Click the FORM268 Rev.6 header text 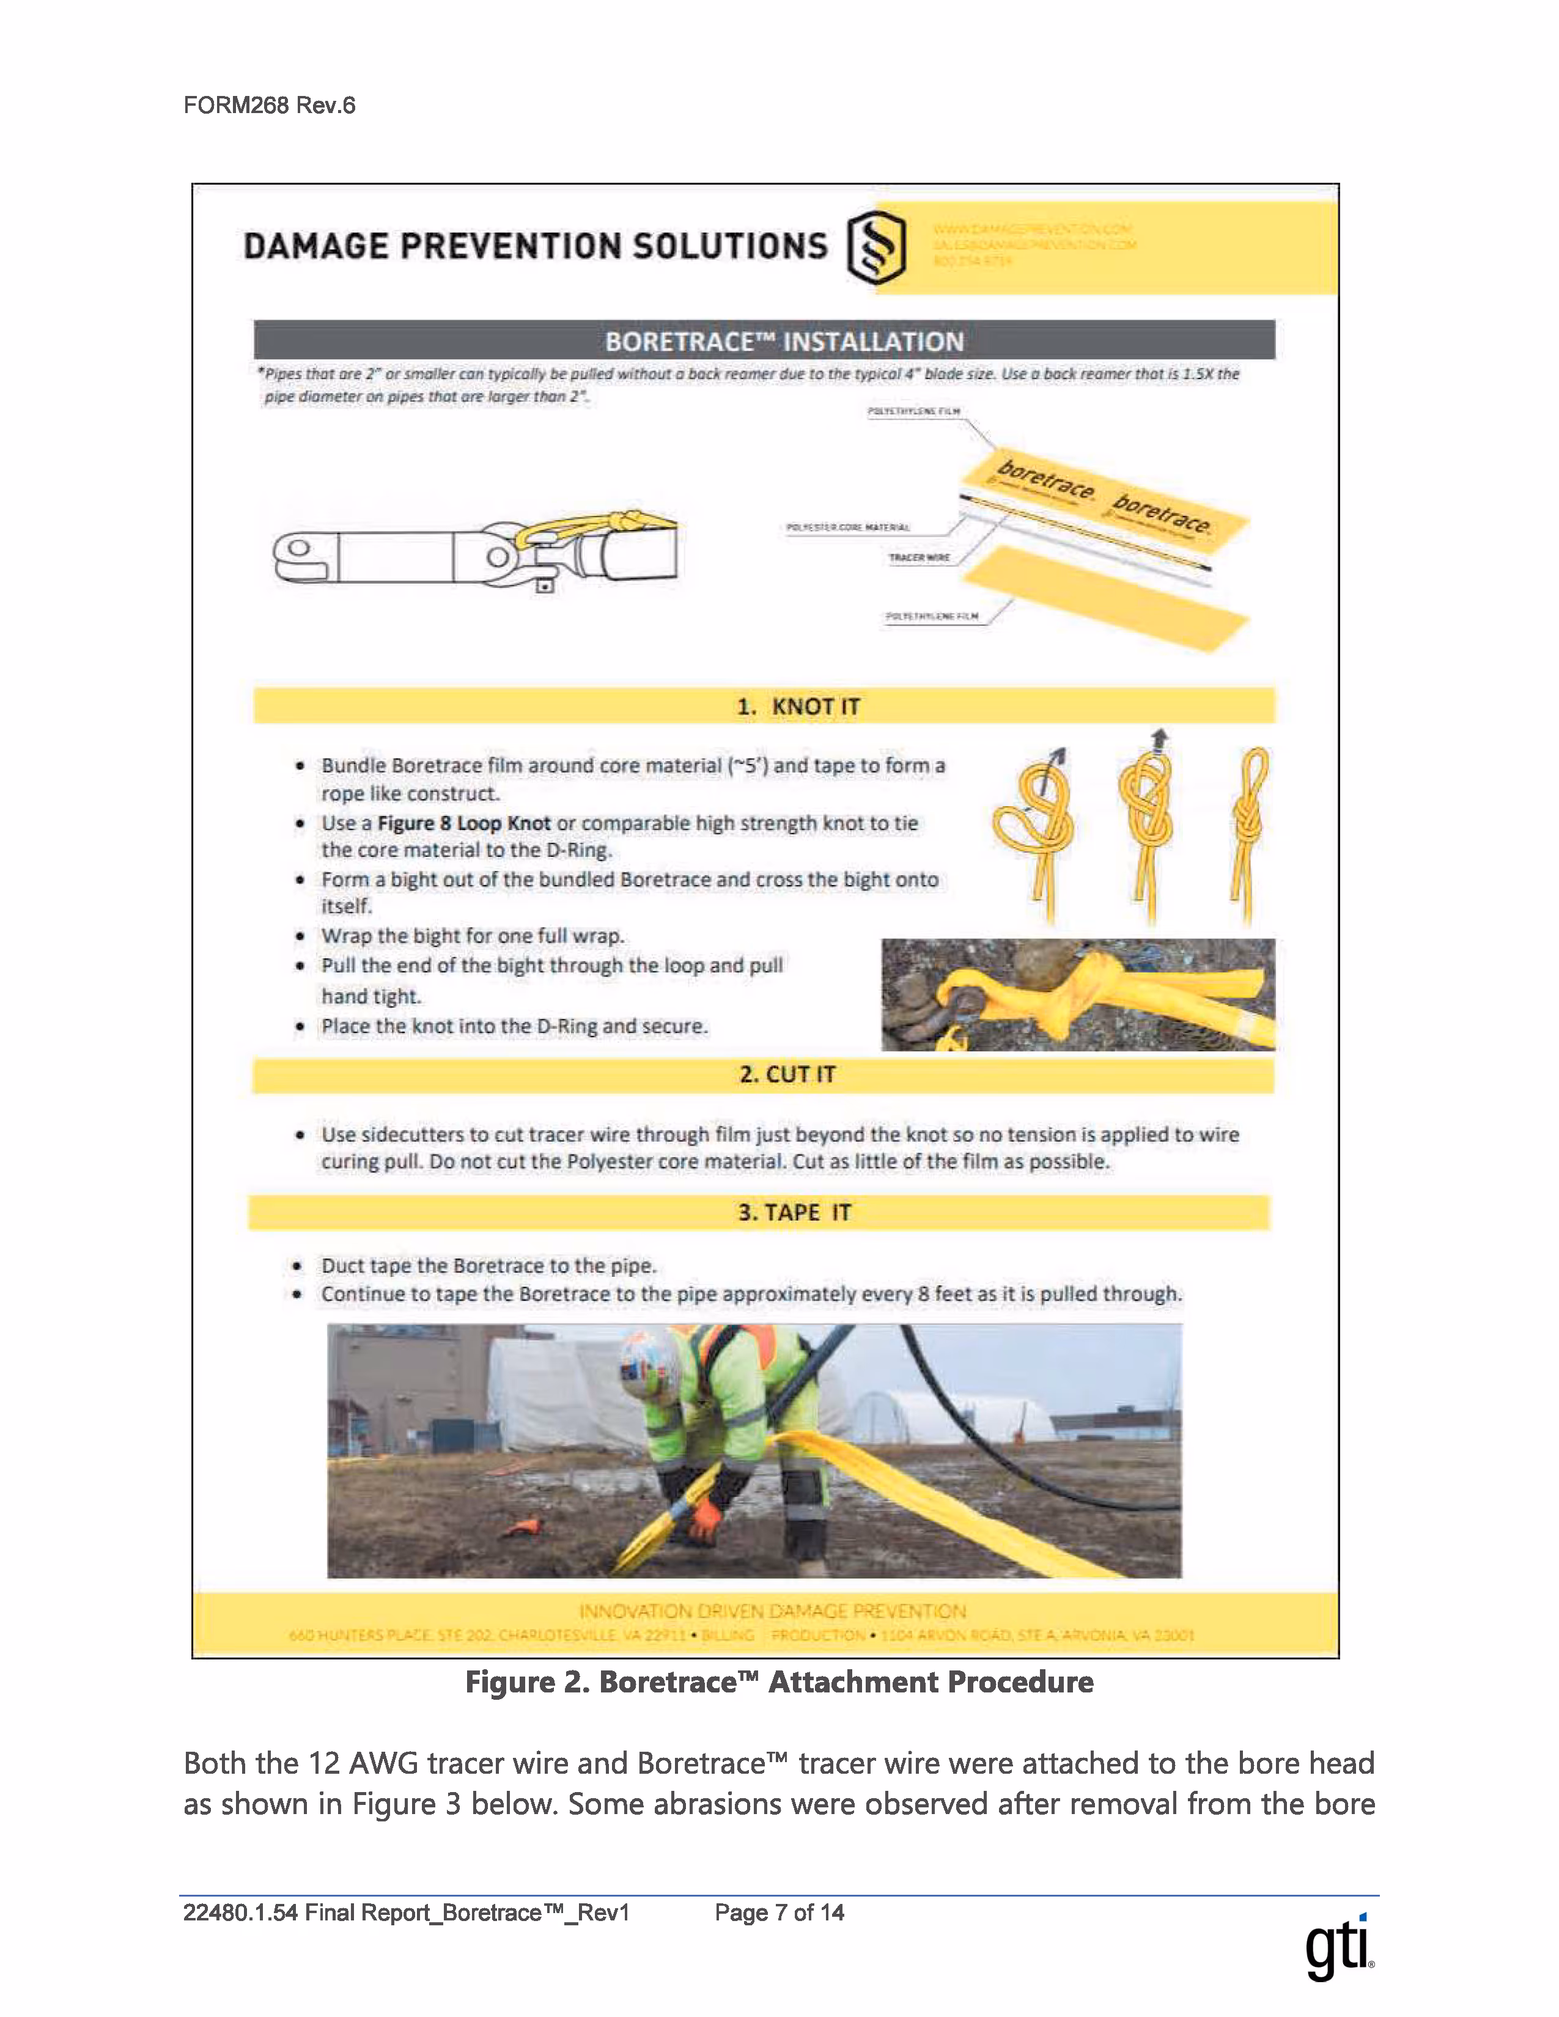point(269,105)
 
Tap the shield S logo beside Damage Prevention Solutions point(875,246)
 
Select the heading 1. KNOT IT point(798,707)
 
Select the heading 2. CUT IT point(787,1074)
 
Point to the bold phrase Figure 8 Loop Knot point(463,823)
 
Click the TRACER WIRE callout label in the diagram point(918,558)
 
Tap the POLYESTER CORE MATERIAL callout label point(847,527)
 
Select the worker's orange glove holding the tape point(707,1516)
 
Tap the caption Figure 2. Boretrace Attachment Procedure point(778,1682)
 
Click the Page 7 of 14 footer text point(778,1912)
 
